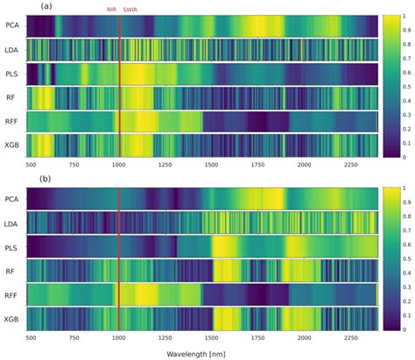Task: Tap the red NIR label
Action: (110, 8)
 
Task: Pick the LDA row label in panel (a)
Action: (12, 50)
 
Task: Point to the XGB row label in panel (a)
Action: (12, 145)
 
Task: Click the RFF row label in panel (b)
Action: (12, 294)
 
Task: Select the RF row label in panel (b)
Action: (12, 271)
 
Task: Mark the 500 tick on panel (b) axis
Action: (31, 336)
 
